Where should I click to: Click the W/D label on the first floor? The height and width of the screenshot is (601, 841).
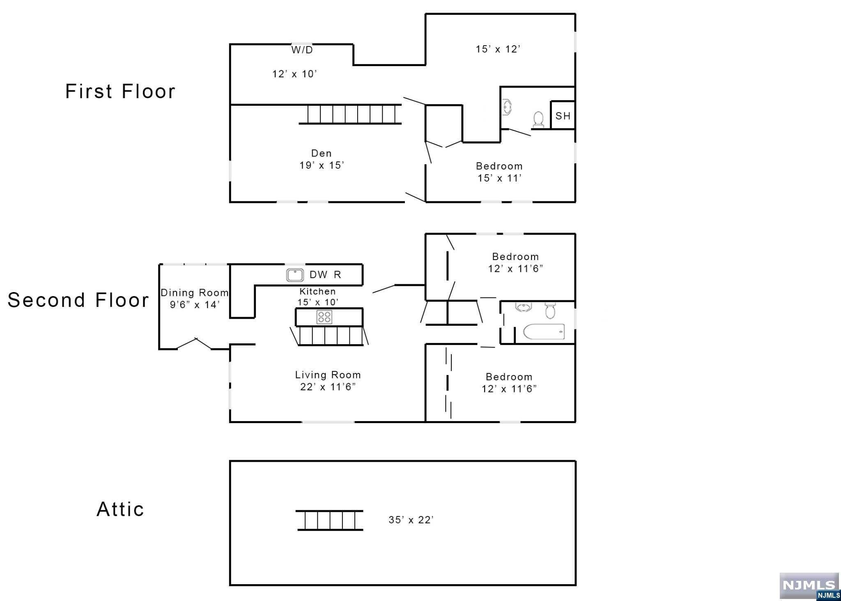point(302,50)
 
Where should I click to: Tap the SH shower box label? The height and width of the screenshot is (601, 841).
point(563,116)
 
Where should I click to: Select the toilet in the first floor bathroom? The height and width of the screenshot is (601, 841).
point(538,119)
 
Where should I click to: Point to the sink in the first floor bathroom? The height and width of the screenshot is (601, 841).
point(507,108)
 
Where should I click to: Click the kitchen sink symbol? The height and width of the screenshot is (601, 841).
point(295,275)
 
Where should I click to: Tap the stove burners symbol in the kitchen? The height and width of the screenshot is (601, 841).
point(324,317)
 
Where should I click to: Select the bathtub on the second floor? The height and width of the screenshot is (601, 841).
point(544,332)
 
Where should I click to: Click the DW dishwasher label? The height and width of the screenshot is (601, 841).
point(318,275)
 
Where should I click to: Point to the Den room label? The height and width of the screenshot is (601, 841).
point(321,153)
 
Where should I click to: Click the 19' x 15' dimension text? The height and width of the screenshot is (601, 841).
point(322,165)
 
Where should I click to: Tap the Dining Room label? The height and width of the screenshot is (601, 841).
point(195,293)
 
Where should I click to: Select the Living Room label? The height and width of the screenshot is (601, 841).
point(328,375)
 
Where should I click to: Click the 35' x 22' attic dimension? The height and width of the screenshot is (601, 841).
point(411,520)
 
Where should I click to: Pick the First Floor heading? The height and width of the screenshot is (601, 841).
point(120,91)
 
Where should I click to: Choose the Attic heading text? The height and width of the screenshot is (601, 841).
point(120,509)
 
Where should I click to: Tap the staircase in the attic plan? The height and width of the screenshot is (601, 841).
point(330,520)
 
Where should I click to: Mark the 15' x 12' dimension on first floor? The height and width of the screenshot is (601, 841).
point(498,49)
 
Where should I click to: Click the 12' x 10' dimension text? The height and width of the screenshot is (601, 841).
point(294,74)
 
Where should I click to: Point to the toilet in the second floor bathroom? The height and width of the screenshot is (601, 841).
point(550,311)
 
